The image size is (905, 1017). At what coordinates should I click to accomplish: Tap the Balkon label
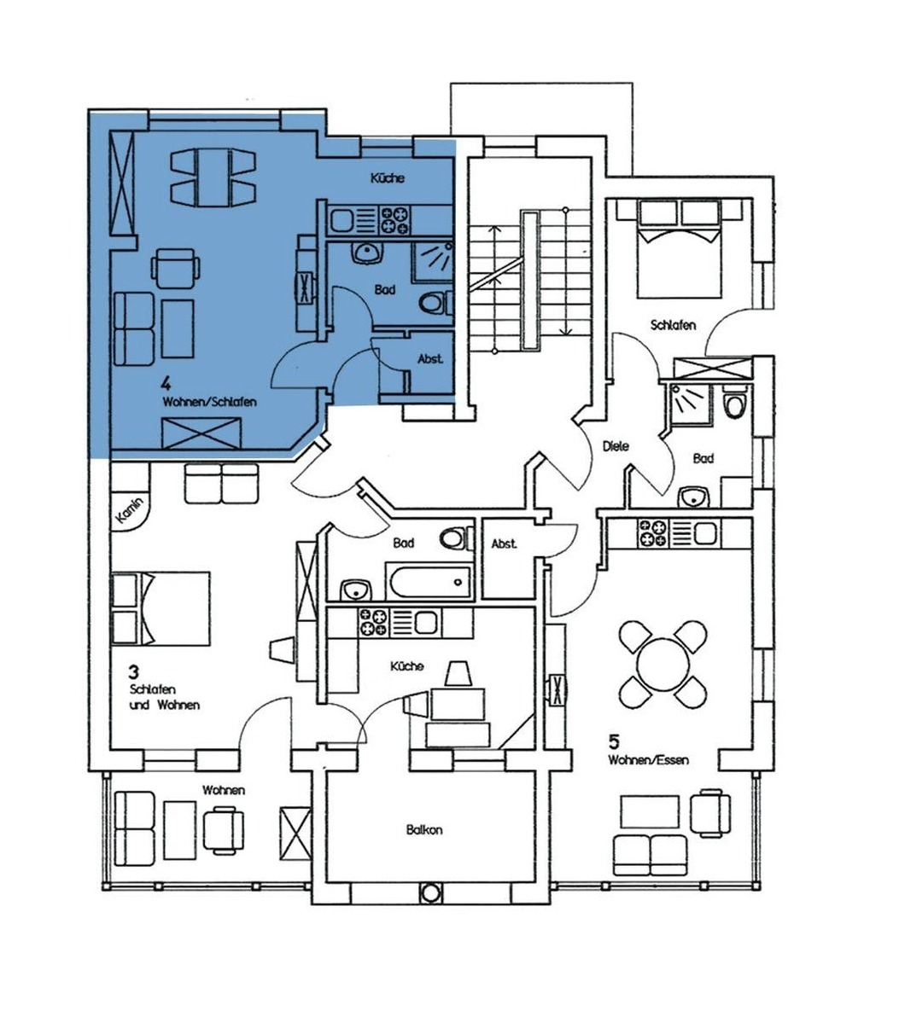pos(424,829)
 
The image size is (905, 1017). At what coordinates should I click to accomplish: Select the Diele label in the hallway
pos(616,446)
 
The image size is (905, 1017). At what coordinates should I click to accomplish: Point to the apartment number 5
pos(613,739)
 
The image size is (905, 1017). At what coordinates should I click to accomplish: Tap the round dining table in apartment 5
pos(663,664)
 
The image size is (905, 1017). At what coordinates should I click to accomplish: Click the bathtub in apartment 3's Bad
pos(429,581)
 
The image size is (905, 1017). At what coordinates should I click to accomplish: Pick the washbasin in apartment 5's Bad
pos(695,497)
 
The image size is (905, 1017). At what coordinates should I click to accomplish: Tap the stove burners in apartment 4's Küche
pos(395,220)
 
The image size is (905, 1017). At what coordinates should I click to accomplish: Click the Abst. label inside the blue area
pos(429,358)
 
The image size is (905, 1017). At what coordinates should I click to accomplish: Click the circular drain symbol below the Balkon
pos(429,893)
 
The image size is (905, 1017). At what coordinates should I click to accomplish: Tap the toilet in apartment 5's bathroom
pos(735,404)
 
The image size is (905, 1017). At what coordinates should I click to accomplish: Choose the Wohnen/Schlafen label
pos(209,402)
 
